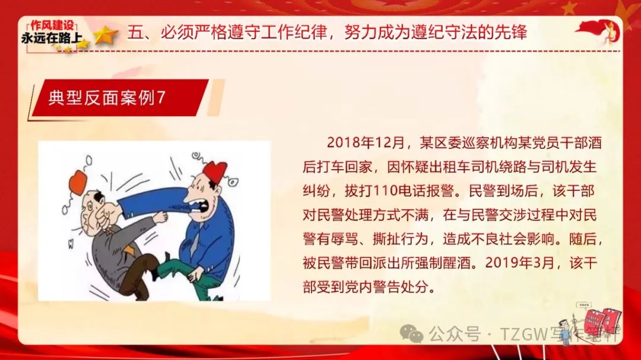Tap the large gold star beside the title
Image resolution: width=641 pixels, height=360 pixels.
pyautogui.click(x=106, y=35)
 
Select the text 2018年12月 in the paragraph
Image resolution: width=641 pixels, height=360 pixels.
pyautogui.click(x=366, y=142)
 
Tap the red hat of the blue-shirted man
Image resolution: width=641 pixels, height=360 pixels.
pyautogui.click(x=215, y=171)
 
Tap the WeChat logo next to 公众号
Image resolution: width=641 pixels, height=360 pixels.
pyautogui.click(x=411, y=333)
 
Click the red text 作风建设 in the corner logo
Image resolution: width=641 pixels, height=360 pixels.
pyautogui.click(x=52, y=26)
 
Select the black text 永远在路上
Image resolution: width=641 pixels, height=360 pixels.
pyautogui.click(x=52, y=38)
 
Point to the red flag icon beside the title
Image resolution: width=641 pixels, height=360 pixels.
pyautogui.click(x=598, y=31)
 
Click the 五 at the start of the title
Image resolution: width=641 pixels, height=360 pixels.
pyautogui.click(x=135, y=32)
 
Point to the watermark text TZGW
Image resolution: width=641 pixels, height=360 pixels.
pyautogui.click(x=523, y=334)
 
